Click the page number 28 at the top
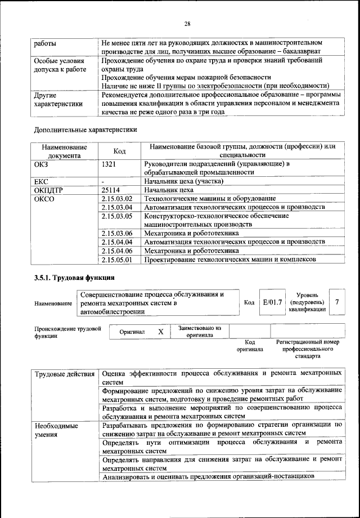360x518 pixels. (x=187, y=23)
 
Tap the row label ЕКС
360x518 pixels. (x=43, y=181)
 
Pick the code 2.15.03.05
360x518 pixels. (x=117, y=216)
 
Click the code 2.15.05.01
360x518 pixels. (x=117, y=260)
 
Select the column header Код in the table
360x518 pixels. (x=119, y=151)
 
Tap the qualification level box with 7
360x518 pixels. (x=336, y=302)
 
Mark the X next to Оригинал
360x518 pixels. (x=160, y=332)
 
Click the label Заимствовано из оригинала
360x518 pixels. (x=200, y=331)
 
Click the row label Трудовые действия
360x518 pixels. (x=64, y=374)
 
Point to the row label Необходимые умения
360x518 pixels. (x=56, y=431)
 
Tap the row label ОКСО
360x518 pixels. (x=45, y=199)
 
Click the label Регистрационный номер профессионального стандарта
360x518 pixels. (x=308, y=349)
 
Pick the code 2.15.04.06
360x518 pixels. (x=117, y=251)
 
